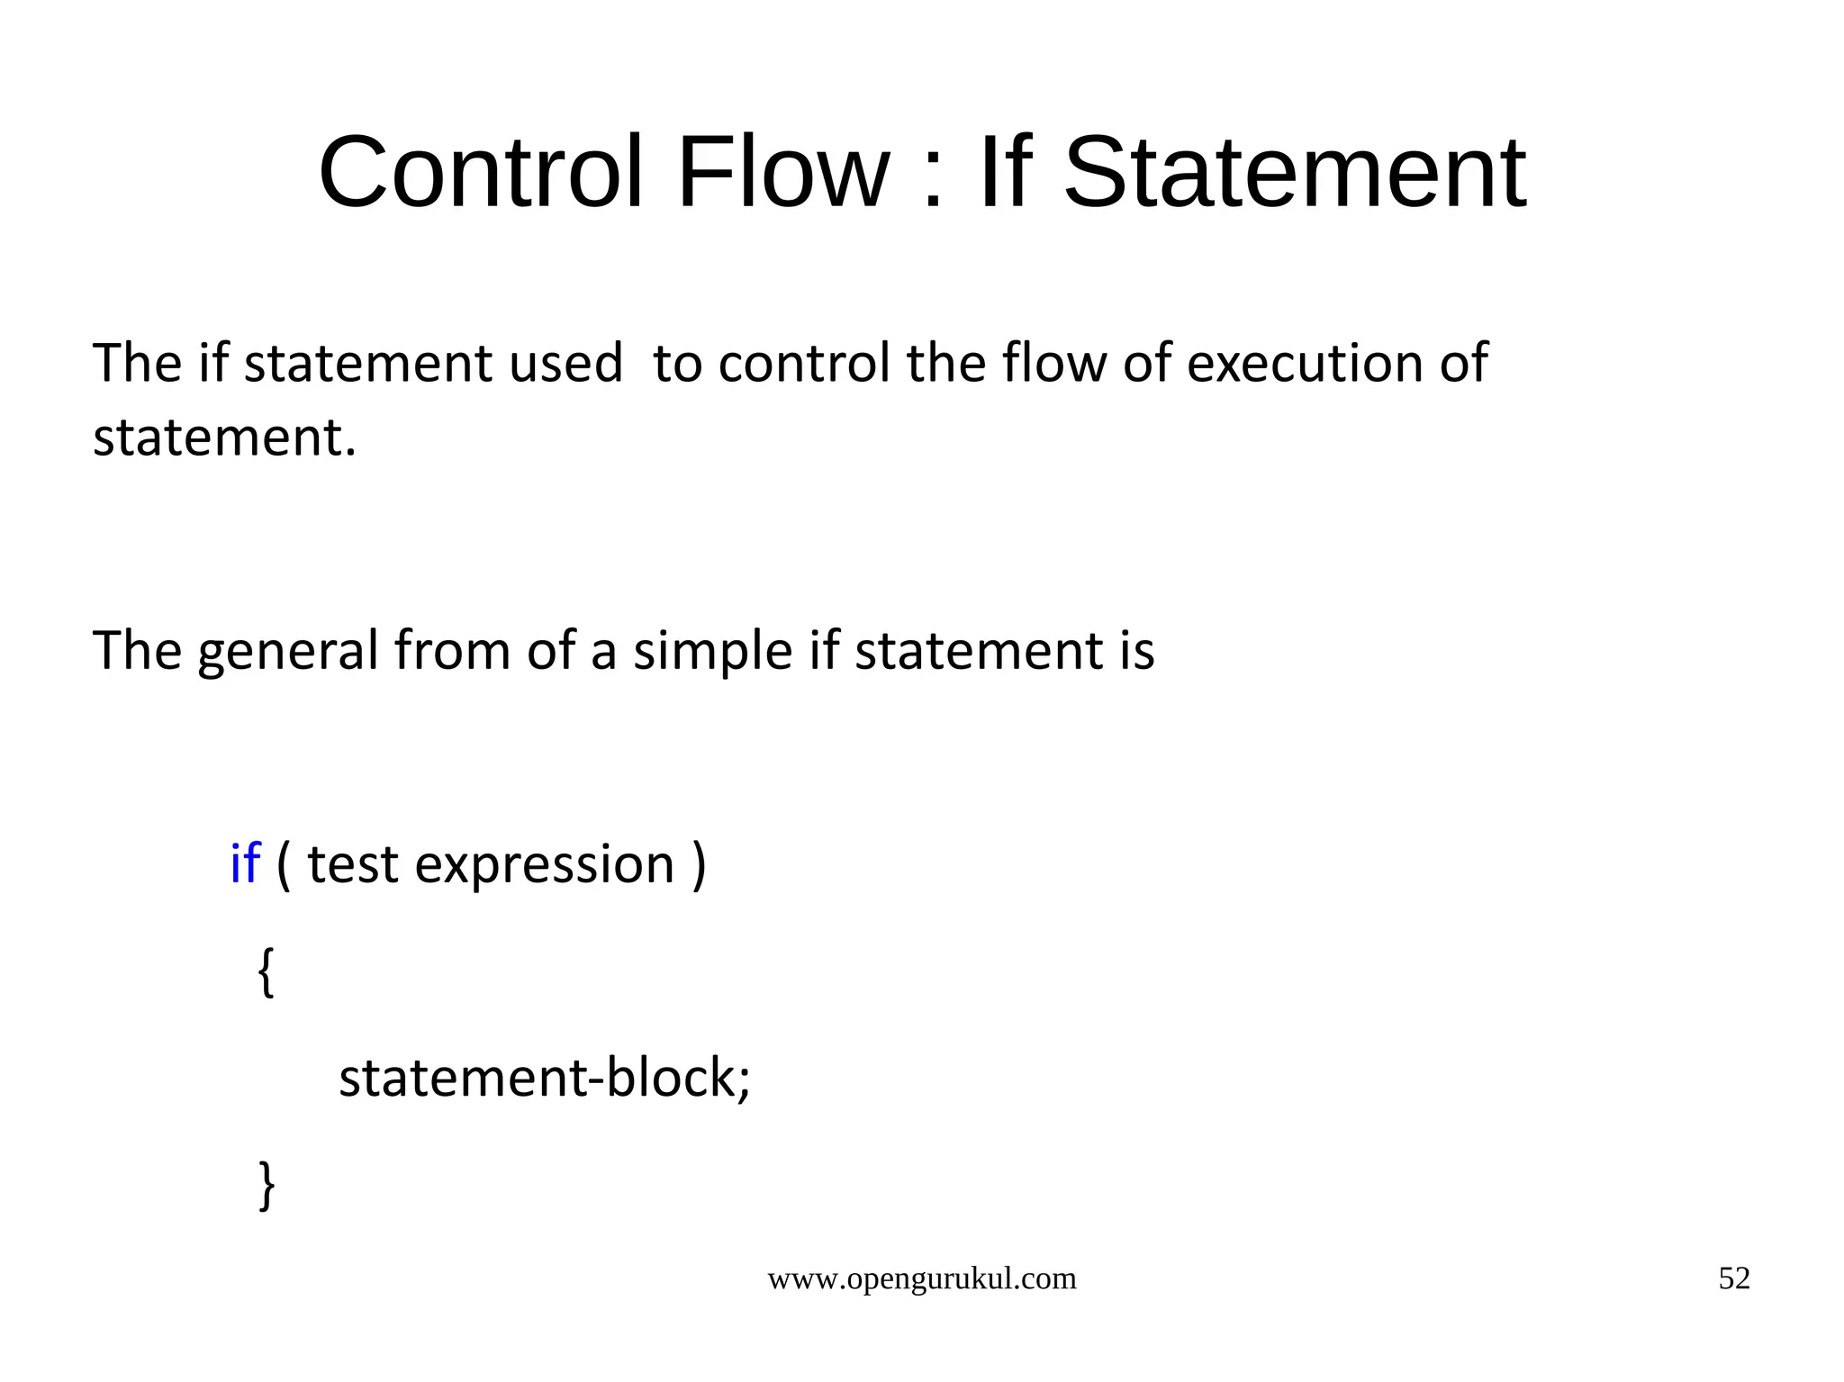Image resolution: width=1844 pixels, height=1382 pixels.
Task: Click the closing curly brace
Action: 267,1185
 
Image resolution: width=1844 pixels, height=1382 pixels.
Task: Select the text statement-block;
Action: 544,1078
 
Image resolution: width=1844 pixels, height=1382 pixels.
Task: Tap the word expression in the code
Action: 545,866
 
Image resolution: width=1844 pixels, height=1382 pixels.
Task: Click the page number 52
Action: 1734,1278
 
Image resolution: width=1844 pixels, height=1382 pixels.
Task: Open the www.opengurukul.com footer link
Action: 921,1278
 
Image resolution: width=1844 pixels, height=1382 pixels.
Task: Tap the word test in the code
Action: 352,864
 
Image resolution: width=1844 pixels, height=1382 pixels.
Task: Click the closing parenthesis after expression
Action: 700,864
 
